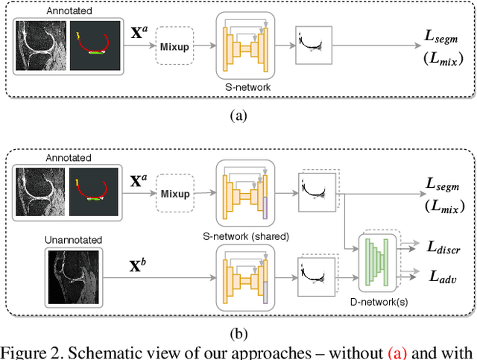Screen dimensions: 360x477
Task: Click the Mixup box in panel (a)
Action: pos(173,46)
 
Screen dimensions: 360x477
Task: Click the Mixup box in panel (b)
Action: pos(173,194)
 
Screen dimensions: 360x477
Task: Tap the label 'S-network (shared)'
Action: pos(246,237)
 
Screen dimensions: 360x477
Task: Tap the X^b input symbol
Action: pos(137,263)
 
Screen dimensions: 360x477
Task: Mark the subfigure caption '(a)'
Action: pos(238,116)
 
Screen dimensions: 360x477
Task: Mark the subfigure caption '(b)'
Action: pos(238,334)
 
